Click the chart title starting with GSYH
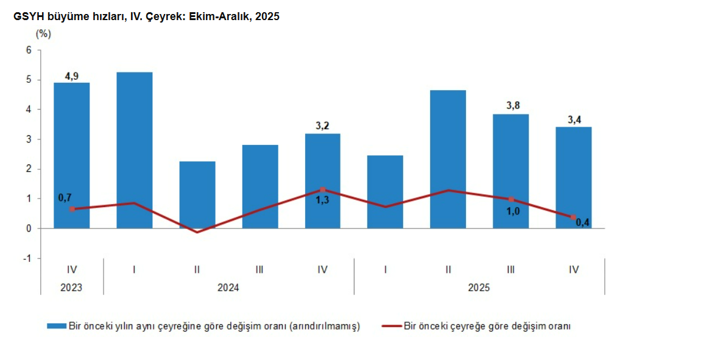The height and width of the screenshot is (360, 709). pos(146,17)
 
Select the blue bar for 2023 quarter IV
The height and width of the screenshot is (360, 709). pos(71,155)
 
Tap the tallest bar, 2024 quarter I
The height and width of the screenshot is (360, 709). pos(134,150)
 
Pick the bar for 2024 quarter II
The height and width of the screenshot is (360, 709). pos(197,195)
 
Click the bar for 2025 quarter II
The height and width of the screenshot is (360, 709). pos(448,159)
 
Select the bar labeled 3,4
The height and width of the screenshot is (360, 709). pos(573,177)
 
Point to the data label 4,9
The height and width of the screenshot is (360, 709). pos(71,76)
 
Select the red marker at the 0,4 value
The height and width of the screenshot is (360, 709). pos(573,217)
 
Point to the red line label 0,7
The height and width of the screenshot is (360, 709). pos(65,197)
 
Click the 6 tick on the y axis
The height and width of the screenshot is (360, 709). pos(28,50)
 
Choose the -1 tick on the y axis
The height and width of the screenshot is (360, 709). pos(26,258)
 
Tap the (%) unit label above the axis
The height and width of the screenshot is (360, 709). pos(43,34)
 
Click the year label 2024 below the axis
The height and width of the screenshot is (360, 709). pos(228,288)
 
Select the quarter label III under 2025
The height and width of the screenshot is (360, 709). pos(510,269)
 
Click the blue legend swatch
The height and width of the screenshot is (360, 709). pos(56,326)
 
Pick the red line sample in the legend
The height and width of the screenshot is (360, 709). pos(391,326)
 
